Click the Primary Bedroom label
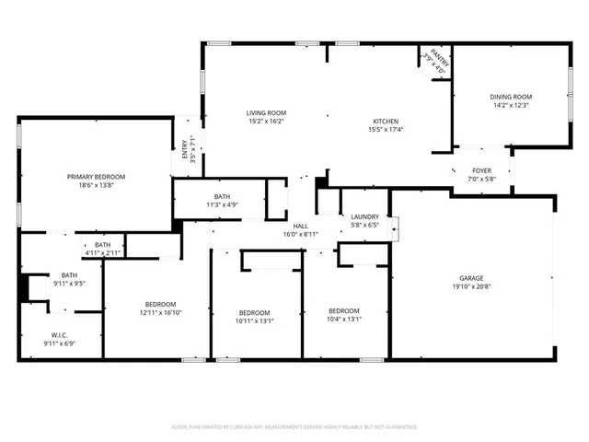(96, 176)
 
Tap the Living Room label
(265, 112)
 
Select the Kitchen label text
(386, 122)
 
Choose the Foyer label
(481, 170)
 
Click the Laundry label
(365, 217)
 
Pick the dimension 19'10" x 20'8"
(472, 288)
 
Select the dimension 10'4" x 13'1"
(344, 320)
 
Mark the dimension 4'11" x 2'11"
(102, 252)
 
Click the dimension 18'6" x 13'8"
(96, 186)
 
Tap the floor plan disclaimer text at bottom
(294, 426)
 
